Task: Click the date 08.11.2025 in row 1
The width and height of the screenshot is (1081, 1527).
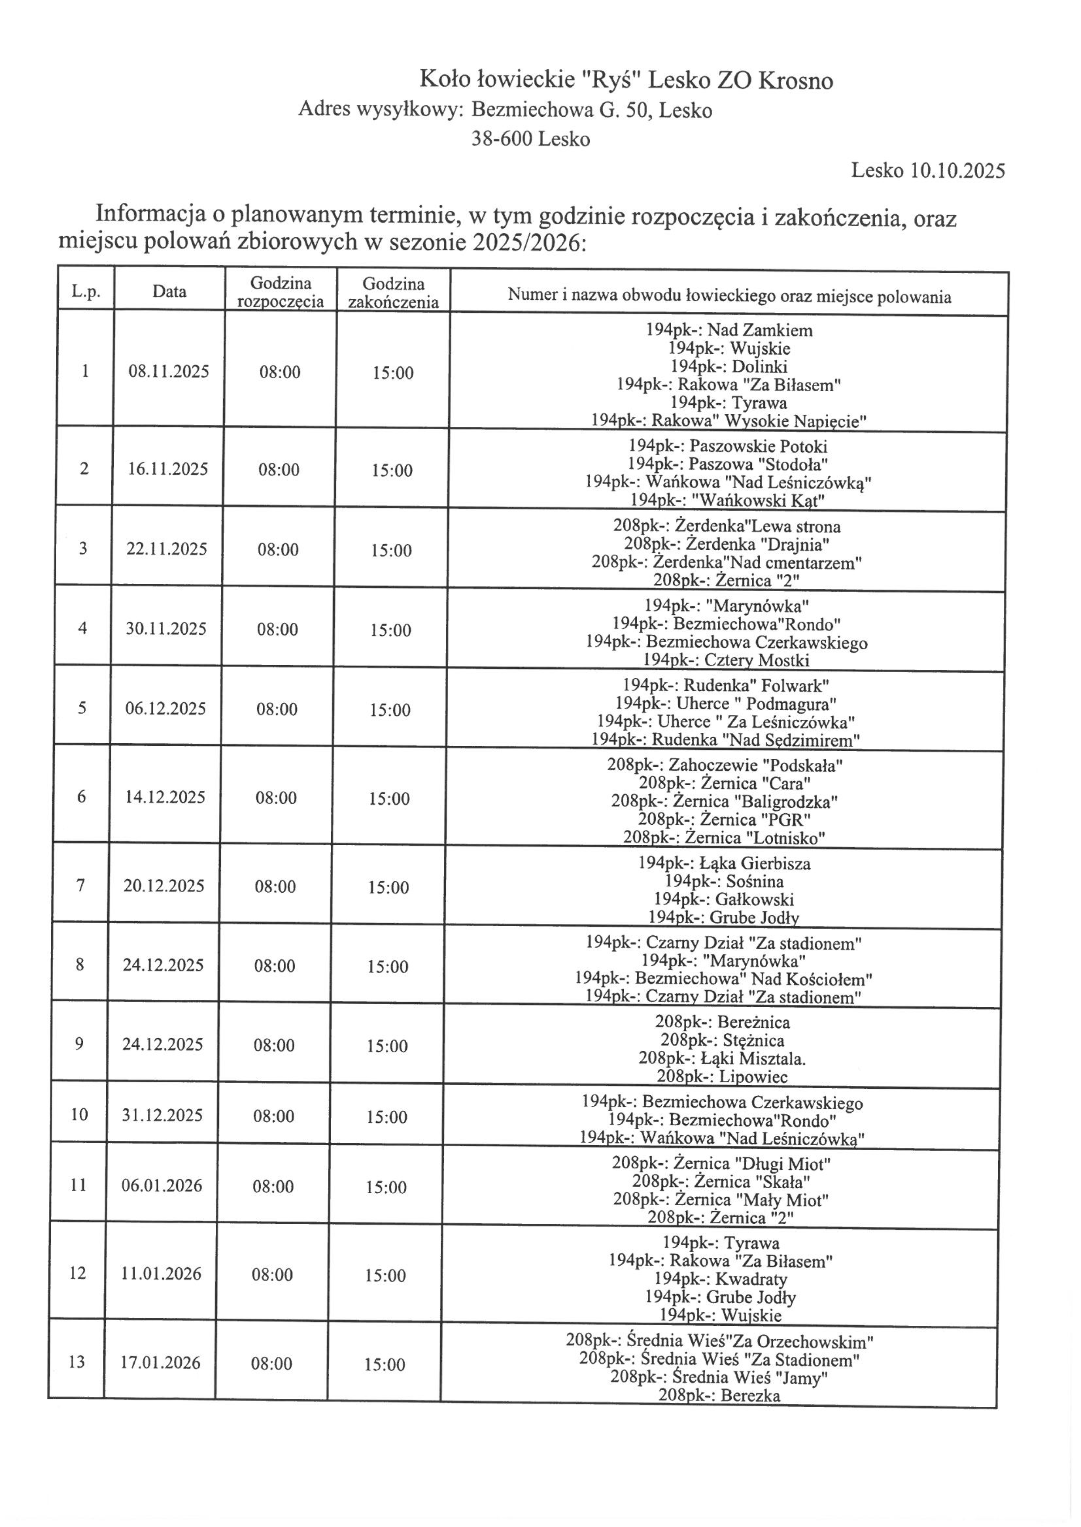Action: [x=168, y=371]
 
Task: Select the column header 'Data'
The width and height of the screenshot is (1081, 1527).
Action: [x=169, y=291]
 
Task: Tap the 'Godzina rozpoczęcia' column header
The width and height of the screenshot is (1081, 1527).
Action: [x=280, y=292]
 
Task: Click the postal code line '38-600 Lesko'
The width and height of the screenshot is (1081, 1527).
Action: [x=530, y=139]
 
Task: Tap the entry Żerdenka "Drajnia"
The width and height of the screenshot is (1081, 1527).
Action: [x=726, y=544]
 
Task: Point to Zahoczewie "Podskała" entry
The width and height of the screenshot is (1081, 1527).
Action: [x=724, y=765]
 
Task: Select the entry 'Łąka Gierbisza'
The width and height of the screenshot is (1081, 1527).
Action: [x=724, y=863]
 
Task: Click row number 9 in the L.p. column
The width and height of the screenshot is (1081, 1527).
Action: [x=79, y=1043]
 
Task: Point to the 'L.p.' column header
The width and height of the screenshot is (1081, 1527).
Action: [x=86, y=291]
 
